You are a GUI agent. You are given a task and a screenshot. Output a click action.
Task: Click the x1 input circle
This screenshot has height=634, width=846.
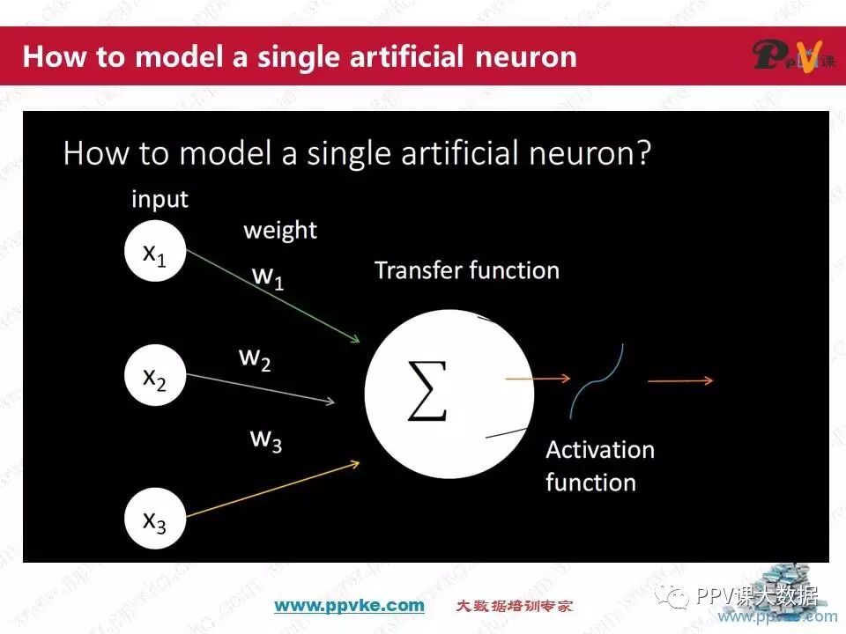click(x=155, y=254)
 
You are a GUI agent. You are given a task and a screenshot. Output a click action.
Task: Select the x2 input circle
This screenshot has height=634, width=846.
click(x=155, y=376)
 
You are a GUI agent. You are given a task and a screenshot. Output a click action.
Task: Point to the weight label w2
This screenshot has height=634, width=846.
click(x=255, y=359)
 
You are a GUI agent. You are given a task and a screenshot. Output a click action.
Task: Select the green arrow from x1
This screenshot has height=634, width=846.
click(x=273, y=296)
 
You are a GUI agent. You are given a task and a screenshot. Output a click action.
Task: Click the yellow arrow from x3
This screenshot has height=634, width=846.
click(x=273, y=488)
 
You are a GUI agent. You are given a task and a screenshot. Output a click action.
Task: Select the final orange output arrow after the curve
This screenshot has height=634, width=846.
click(x=680, y=380)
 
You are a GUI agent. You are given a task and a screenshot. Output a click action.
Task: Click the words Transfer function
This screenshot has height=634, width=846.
click(x=467, y=269)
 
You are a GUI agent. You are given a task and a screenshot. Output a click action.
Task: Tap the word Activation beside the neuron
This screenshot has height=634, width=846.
click(x=600, y=450)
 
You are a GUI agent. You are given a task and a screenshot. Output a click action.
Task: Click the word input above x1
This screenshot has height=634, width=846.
click(x=160, y=199)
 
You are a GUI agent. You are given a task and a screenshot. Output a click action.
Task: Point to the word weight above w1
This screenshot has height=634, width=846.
click(x=280, y=231)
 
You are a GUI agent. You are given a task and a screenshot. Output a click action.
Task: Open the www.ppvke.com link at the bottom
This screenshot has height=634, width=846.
click(x=349, y=605)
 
